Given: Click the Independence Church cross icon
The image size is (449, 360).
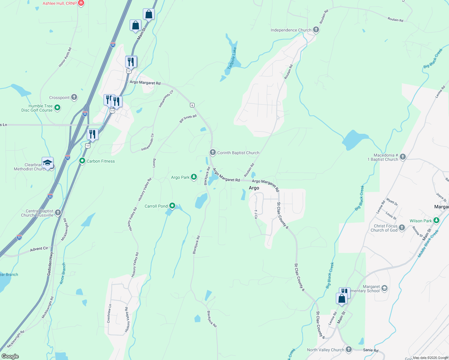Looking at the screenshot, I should tap(316, 30).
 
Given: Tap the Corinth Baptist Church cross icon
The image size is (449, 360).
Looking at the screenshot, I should tap(213, 152).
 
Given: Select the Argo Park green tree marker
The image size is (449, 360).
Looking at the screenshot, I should tap(194, 177).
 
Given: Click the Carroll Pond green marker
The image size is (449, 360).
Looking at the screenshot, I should tap(172, 206).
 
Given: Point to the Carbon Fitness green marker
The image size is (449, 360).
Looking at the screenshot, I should tap(82, 161).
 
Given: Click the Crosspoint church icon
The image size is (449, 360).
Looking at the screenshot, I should tap(74, 97).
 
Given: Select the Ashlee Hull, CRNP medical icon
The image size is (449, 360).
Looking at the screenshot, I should tap(81, 3).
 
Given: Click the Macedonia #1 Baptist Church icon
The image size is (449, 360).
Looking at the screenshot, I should tap(403, 157).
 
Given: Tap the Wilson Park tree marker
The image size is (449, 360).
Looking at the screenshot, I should tap(436, 220).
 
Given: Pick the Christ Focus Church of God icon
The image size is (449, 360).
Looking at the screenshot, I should tap(402, 227).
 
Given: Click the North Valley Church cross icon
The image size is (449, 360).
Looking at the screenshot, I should tap(348, 349).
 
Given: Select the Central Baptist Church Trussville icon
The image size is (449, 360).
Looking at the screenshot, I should tap(58, 213).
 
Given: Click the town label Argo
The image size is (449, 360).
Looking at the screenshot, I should tap(254, 188).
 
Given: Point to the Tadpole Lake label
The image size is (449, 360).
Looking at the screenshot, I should tap(232, 58).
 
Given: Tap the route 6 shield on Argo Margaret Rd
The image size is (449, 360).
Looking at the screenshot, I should tap(192, 105).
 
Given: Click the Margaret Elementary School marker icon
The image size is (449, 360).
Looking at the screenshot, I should tap(384, 288).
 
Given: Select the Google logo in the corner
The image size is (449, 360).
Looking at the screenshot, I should tap(10, 356).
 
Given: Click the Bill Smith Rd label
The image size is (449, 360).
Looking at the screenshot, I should tap(188, 118).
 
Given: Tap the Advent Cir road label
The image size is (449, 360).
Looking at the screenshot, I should tap(39, 249).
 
